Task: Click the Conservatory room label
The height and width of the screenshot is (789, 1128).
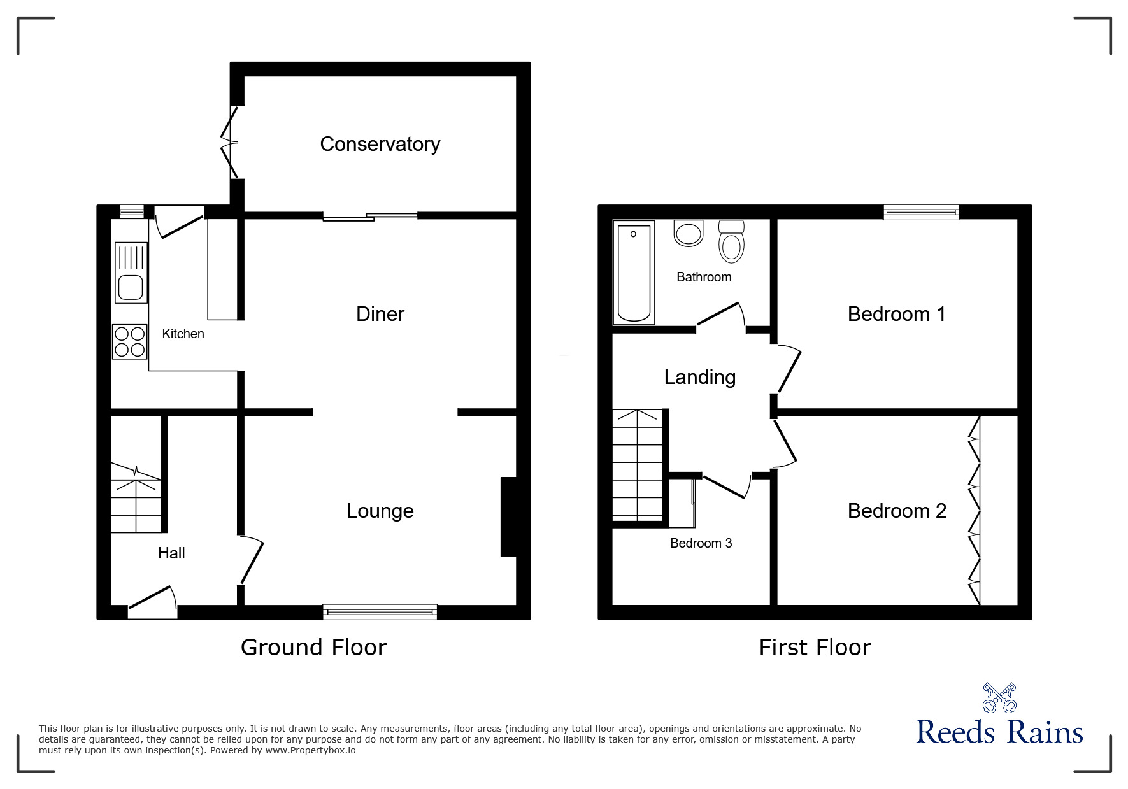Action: coord(380,145)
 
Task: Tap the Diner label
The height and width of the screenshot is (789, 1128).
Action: coord(380,314)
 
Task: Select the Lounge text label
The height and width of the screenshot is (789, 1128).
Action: coord(380,511)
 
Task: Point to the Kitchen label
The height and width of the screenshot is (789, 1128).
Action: coord(183,334)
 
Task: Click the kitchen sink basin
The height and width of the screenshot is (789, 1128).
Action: coord(131,288)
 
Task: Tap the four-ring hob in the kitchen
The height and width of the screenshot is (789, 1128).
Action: coord(130,341)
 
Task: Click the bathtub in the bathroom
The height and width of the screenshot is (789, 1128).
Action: coord(634,273)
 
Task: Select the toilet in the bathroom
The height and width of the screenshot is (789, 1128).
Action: coord(731,241)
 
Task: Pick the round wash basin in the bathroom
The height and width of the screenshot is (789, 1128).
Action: coord(688,233)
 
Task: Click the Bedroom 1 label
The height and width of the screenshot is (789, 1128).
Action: coord(896,314)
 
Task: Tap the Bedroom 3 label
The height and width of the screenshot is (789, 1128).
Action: coord(701,543)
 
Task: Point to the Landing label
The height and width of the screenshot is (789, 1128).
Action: coord(700,377)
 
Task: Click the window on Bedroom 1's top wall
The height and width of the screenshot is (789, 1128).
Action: coord(920,212)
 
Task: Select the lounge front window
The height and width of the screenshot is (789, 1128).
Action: coord(380,611)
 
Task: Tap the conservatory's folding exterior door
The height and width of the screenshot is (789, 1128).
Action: coord(231,142)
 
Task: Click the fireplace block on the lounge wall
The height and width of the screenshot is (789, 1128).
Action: coord(508,517)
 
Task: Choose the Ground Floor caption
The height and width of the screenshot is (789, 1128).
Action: coord(313,648)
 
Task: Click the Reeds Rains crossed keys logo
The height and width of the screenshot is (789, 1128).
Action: coord(999,698)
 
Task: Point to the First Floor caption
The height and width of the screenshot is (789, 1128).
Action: coord(815,648)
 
